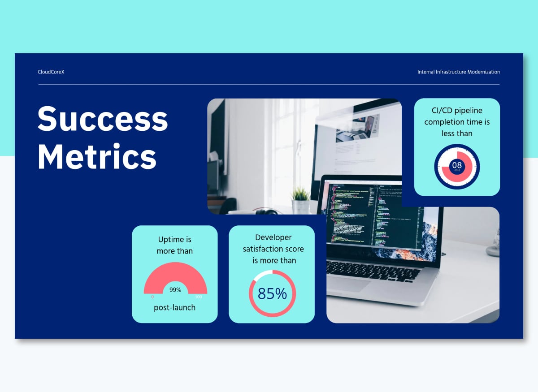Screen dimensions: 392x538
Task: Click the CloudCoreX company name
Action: click(x=51, y=72)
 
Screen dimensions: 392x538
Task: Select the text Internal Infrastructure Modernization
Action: click(x=458, y=72)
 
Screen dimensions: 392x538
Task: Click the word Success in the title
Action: click(x=103, y=118)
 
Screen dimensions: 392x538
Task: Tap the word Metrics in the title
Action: click(x=97, y=156)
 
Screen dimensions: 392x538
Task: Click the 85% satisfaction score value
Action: click(x=272, y=294)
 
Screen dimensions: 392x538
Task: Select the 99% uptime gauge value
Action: click(x=175, y=290)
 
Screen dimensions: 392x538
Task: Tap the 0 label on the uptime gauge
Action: click(x=152, y=297)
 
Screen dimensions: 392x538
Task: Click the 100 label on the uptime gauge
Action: click(x=198, y=297)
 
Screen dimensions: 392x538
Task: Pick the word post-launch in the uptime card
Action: click(x=174, y=308)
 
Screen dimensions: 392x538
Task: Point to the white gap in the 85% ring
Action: click(x=263, y=274)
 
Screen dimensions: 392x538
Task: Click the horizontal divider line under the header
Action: click(x=269, y=84)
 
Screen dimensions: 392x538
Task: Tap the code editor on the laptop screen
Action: click(x=359, y=215)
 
